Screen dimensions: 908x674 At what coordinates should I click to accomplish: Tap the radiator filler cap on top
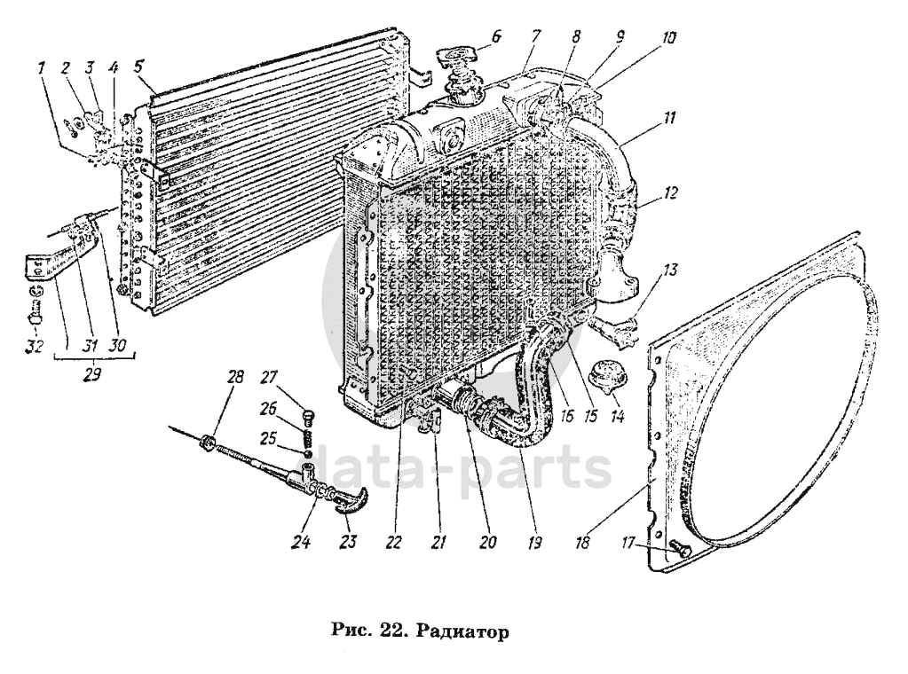(x=461, y=62)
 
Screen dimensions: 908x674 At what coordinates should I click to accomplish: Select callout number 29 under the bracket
(x=91, y=374)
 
